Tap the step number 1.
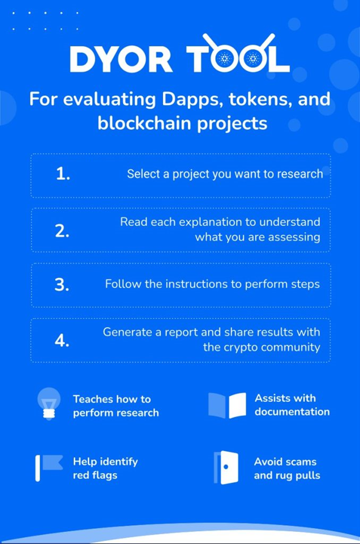click(x=63, y=173)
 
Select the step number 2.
click(x=62, y=231)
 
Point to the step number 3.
click(x=62, y=285)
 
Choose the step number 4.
click(x=62, y=340)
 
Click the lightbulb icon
click(x=49, y=404)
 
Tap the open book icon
click(x=227, y=405)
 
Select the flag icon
click(x=49, y=468)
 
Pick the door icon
click(x=226, y=468)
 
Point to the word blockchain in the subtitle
click(x=145, y=123)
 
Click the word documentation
click(x=292, y=412)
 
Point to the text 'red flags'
click(x=95, y=475)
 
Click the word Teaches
click(x=92, y=399)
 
